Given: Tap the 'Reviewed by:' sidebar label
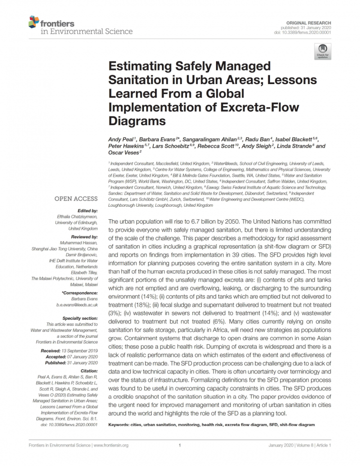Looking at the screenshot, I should pos(84,236).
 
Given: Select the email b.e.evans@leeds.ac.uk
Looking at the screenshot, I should pos(77,304).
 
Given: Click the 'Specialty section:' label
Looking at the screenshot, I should pos(80,318).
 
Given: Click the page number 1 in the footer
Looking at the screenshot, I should pos(179,445).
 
